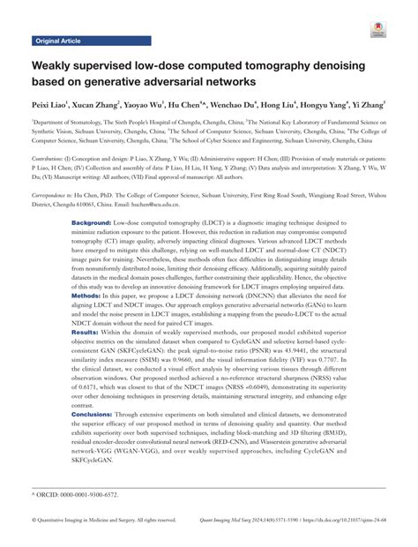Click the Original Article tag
tap(59, 41)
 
